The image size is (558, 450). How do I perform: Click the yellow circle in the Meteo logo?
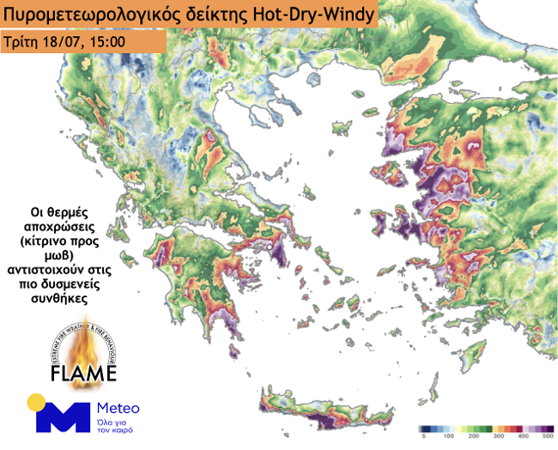(36, 402)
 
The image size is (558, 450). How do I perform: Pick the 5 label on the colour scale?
(424, 438)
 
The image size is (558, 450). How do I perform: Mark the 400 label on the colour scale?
(523, 438)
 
